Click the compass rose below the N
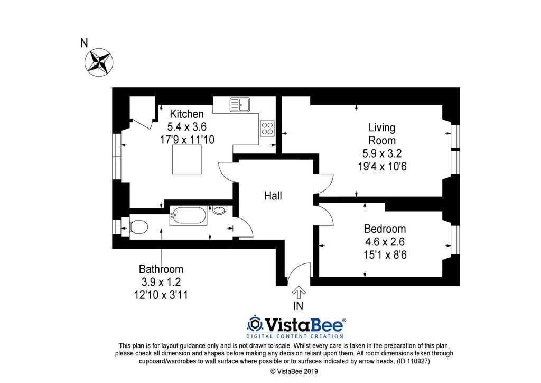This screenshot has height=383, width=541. click(x=98, y=62)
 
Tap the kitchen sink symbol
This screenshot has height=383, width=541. click(x=240, y=105)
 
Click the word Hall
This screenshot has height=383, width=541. click(x=273, y=196)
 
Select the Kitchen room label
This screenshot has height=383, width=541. click(x=186, y=114)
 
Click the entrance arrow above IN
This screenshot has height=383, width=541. click(x=298, y=292)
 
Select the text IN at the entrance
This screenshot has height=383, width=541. click(x=299, y=306)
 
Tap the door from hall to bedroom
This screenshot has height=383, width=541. click(x=324, y=215)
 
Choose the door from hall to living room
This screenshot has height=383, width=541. click(x=324, y=183)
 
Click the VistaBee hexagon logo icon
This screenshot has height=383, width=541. click(x=255, y=323)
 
